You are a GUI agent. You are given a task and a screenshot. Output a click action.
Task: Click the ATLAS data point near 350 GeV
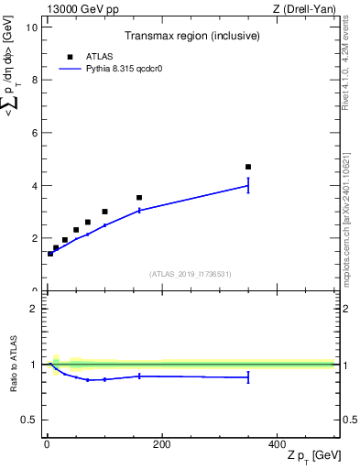coord(248,167)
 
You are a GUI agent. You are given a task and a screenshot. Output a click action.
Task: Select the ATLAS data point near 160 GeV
coord(139,197)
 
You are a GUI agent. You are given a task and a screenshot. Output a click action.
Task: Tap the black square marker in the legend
coord(71,56)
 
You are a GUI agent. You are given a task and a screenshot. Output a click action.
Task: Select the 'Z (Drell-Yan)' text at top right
coord(305,9)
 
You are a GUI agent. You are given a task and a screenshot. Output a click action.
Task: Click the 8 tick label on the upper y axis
coord(34,80)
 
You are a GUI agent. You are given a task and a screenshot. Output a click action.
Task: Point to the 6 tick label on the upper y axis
coord(34,133)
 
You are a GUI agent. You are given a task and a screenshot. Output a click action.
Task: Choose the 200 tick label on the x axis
coord(161,443)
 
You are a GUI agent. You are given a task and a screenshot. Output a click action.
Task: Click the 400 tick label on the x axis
coord(277,443)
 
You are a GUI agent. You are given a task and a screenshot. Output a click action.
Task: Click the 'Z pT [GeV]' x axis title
coord(311,456)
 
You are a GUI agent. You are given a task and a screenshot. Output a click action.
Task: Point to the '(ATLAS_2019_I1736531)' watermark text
coord(190,274)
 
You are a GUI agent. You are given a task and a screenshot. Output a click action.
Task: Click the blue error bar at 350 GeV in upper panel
coord(248,185)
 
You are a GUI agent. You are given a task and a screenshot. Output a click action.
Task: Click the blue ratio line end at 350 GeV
coord(248,377)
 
